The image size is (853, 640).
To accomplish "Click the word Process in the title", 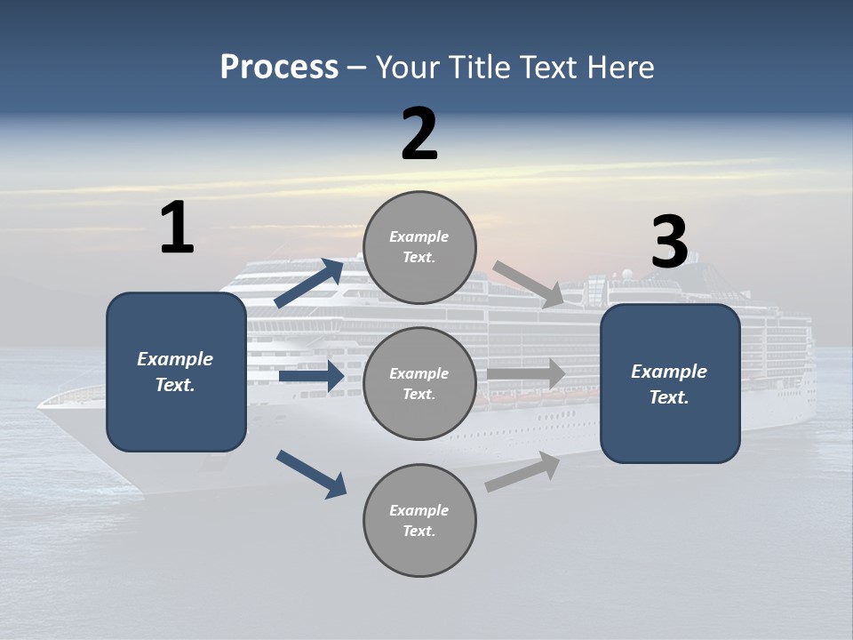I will [x=279, y=68].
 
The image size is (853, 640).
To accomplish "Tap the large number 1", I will [x=177, y=228].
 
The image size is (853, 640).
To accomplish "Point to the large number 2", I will [x=419, y=134].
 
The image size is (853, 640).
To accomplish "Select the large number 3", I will [x=669, y=242].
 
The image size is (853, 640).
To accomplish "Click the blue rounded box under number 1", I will [x=176, y=372].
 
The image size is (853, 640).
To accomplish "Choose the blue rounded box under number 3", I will [x=670, y=383].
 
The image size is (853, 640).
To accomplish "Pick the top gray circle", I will [x=419, y=247].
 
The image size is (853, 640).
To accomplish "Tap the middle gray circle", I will [x=419, y=383].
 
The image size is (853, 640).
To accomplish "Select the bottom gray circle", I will [x=419, y=520].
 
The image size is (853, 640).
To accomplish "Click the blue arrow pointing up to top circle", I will [x=309, y=284].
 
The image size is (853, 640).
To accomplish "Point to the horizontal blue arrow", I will [x=311, y=377].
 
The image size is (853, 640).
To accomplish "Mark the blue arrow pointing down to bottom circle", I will [x=311, y=473].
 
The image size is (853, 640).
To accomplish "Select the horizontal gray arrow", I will [x=526, y=374].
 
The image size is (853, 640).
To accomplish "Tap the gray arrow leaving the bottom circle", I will [x=522, y=471].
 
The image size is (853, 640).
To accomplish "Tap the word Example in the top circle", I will [x=419, y=236].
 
